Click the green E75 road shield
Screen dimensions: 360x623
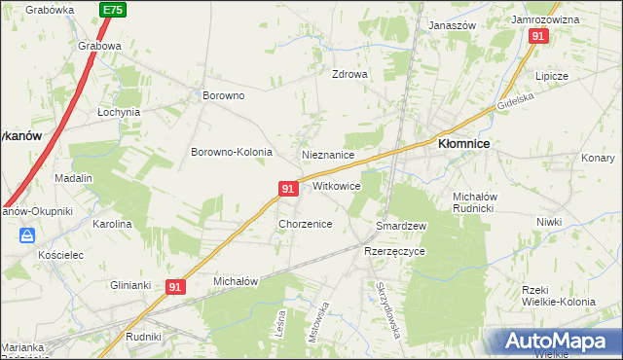112,10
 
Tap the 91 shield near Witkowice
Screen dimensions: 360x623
287,188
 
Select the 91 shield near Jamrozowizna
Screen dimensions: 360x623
539,35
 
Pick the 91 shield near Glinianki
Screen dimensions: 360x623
175,287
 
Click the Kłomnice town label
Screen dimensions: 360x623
463,143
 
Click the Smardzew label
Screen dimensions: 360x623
401,226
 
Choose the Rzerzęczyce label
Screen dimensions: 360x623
394,250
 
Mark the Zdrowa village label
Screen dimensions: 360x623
349,74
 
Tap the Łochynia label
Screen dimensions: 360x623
119,112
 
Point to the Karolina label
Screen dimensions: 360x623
111,224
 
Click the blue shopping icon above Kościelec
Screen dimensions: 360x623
27,234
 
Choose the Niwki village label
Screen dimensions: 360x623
548,222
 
